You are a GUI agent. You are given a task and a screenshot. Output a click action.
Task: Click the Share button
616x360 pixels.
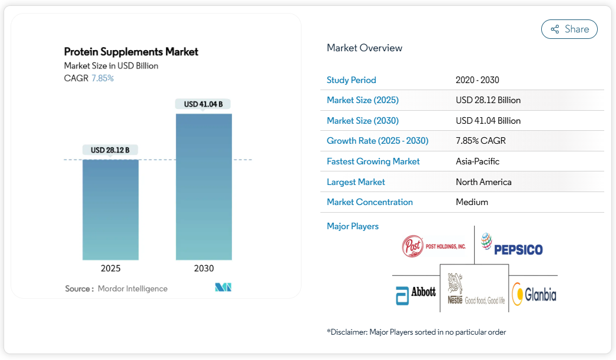click(569, 29)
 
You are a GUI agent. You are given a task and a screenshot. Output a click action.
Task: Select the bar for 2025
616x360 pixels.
click(111, 209)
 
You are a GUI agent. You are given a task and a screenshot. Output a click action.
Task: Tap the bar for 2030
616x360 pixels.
click(204, 186)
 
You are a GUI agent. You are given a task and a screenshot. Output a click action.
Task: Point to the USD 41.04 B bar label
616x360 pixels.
click(203, 104)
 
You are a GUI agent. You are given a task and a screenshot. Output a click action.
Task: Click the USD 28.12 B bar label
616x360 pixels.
click(110, 150)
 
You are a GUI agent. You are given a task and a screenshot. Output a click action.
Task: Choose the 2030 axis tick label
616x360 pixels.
click(204, 269)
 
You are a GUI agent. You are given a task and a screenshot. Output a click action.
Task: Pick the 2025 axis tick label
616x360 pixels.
click(111, 269)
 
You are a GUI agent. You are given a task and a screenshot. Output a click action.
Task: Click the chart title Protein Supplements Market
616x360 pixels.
click(131, 52)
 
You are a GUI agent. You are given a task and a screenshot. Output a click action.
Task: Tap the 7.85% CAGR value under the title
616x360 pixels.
click(102, 78)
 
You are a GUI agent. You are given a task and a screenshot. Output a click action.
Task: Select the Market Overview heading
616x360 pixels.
click(365, 48)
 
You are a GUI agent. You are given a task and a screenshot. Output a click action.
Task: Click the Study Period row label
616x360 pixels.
click(351, 80)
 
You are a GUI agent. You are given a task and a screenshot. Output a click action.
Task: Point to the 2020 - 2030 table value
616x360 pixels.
click(477, 80)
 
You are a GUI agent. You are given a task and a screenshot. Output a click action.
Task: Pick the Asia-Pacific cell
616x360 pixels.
click(477, 161)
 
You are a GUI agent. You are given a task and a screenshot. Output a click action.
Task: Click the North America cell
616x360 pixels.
click(483, 182)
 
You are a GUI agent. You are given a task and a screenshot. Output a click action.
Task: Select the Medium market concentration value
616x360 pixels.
click(472, 202)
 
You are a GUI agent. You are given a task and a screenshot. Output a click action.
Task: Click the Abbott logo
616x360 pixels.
click(416, 293)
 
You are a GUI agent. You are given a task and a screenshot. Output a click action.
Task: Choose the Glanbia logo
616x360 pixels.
click(534, 294)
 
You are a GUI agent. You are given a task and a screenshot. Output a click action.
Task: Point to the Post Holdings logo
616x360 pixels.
click(433, 246)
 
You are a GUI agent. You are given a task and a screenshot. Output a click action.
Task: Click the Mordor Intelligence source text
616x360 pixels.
click(133, 289)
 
